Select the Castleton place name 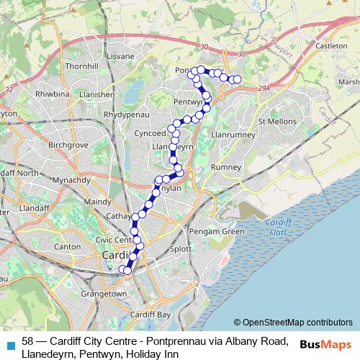331,45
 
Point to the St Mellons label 277,121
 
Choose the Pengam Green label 216,231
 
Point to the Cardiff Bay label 151,315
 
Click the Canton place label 68,246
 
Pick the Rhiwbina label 52,93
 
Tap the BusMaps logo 326,344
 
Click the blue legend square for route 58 9,344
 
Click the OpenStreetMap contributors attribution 297,323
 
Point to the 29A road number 264,88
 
